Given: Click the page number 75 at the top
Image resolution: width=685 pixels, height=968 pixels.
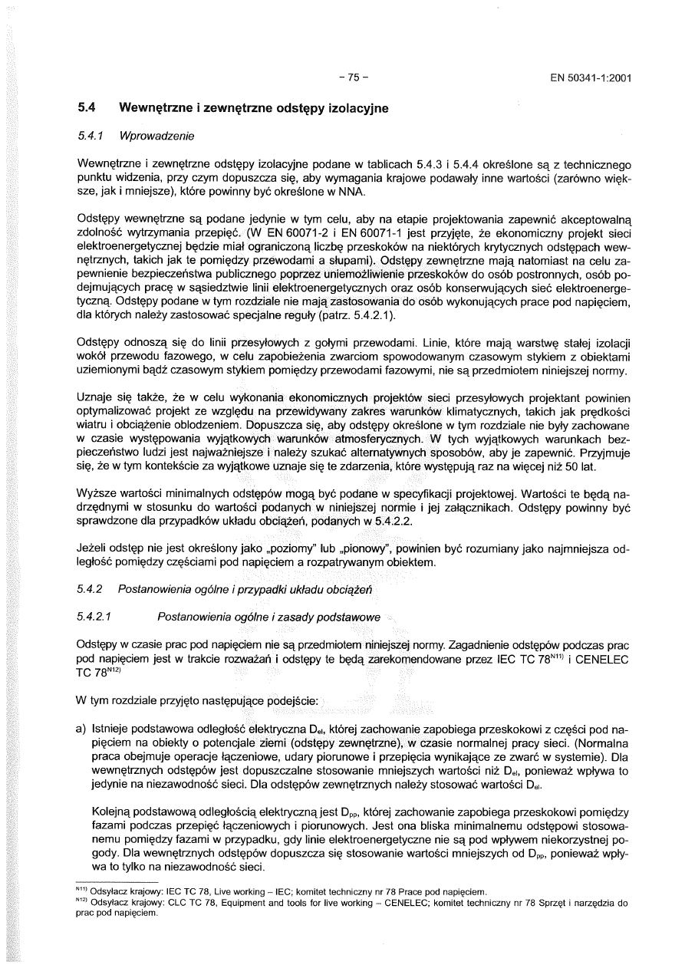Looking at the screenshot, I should point(353,77).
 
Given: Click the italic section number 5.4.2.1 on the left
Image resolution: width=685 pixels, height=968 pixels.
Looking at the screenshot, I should point(100,617).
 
